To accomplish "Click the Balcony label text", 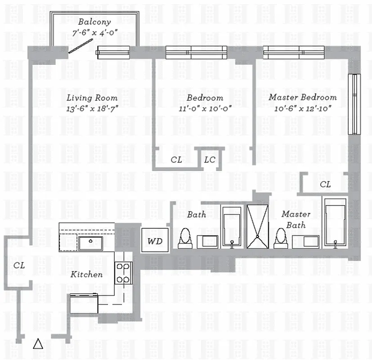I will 94,22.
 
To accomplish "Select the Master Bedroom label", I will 302,98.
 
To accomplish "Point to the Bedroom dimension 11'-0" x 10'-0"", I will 205,108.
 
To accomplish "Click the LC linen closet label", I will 210,160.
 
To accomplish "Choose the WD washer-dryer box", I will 155,241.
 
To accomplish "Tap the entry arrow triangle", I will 38,344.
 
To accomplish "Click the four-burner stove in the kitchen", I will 123,273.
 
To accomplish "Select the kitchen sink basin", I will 91,243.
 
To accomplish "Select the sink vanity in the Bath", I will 210,241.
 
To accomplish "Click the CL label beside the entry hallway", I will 19,265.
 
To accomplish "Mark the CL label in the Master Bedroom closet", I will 325,184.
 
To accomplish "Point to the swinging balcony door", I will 81,46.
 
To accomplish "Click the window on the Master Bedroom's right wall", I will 354,103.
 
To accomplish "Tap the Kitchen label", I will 86,274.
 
